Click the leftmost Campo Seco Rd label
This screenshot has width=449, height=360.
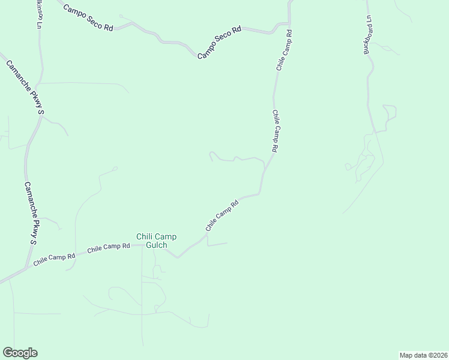click(x=88, y=19)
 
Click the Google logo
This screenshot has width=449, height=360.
click(x=20, y=353)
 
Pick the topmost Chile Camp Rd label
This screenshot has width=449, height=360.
click(x=284, y=50)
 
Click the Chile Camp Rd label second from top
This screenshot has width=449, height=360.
click(x=275, y=130)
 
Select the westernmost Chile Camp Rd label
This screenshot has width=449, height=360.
click(x=54, y=259)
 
